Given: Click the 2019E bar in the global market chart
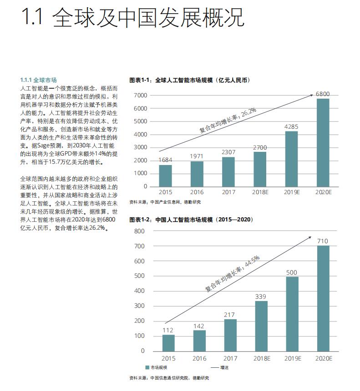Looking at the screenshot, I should (x=291, y=159).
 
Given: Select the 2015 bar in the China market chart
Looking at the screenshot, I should (x=168, y=342).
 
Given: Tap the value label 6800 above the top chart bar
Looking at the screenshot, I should (x=323, y=94).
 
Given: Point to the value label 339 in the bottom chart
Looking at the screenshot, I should (x=261, y=297).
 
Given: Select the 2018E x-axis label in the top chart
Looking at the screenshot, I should (x=260, y=193).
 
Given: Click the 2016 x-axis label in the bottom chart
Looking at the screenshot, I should (x=199, y=359).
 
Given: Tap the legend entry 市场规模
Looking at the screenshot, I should (x=157, y=367).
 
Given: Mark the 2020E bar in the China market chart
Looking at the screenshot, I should (x=323, y=298).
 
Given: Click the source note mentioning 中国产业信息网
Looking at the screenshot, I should (x=165, y=202).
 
